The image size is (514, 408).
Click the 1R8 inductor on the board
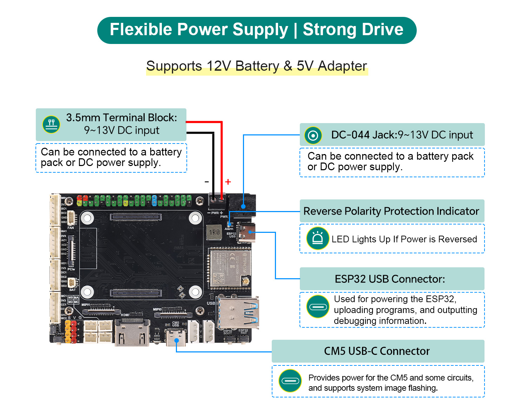(x=214, y=232)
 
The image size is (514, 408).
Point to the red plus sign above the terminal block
(x=228, y=182)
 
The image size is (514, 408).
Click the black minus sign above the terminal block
(x=207, y=182)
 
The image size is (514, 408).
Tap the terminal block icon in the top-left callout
(x=51, y=124)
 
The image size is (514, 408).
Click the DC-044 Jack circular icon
(x=313, y=135)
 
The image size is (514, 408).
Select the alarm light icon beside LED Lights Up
(x=317, y=238)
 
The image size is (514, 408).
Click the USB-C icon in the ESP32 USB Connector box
(x=317, y=306)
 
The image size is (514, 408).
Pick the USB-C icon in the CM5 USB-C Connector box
(x=290, y=381)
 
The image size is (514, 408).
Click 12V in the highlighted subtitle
(x=219, y=66)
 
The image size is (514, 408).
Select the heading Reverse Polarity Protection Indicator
(x=391, y=211)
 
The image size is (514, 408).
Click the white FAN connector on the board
(x=71, y=218)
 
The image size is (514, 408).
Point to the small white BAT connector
(x=73, y=282)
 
